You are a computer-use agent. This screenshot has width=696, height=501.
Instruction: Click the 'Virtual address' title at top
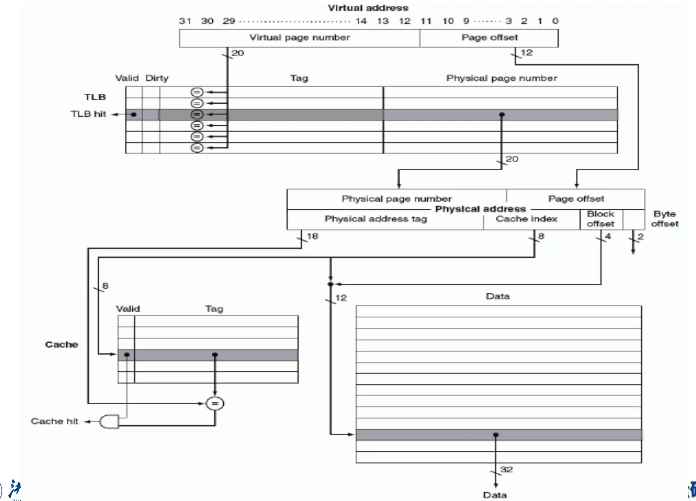[x=368, y=8]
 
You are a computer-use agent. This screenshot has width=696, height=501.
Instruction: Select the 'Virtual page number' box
[x=299, y=38]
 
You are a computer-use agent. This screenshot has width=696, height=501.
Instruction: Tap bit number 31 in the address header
[x=185, y=21]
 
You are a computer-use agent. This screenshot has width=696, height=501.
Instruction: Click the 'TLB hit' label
[x=88, y=114]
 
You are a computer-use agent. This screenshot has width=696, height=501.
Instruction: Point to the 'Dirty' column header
[x=157, y=78]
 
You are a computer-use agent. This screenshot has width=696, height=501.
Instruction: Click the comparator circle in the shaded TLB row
[x=197, y=114]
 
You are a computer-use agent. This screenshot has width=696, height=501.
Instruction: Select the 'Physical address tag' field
[x=376, y=219]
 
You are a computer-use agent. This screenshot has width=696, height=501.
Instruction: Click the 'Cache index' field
[x=526, y=219]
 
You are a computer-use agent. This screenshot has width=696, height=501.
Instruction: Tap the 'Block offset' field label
[x=600, y=219]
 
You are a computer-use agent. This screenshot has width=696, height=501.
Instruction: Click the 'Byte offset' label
[x=664, y=219]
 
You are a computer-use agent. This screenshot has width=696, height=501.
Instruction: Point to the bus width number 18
[x=312, y=236]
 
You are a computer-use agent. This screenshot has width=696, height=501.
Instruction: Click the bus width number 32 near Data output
[x=506, y=469]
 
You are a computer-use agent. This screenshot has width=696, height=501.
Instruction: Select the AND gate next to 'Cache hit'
[x=109, y=422]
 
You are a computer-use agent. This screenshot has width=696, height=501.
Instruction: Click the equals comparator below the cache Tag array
[x=215, y=403]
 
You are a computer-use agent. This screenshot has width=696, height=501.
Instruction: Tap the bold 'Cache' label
[x=61, y=345]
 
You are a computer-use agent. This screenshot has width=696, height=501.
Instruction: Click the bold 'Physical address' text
[x=480, y=209]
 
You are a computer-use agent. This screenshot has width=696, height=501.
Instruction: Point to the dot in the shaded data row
[x=496, y=435]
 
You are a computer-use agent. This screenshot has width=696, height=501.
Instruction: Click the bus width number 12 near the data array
[x=341, y=298]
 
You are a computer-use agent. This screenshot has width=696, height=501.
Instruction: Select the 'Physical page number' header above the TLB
[x=501, y=78]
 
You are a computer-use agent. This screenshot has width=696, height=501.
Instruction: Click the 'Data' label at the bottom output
[x=495, y=495]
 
